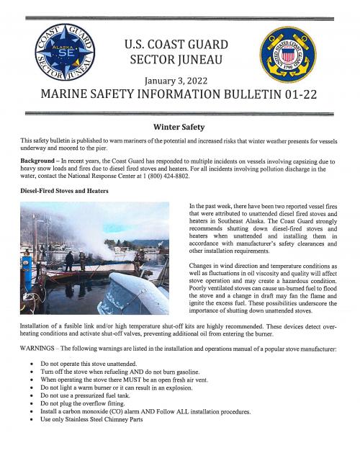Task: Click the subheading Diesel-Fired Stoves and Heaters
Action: (x=63, y=191)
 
